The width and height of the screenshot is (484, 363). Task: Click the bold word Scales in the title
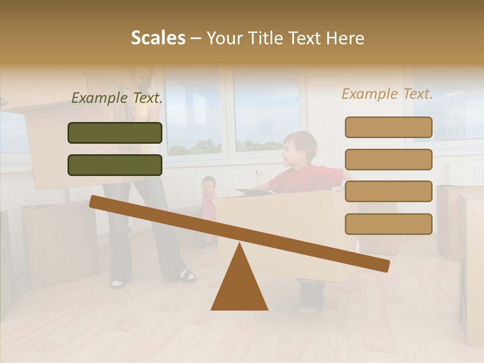coord(158,38)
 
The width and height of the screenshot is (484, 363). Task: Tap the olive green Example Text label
coord(117,98)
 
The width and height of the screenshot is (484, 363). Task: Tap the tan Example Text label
coord(387,94)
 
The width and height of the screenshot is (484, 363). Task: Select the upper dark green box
coord(115,133)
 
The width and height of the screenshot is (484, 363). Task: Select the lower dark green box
coord(115,165)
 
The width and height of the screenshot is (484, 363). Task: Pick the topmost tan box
coord(388,127)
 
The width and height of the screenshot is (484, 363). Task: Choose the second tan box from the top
coord(388,159)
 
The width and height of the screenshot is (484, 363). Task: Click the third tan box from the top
coord(388,192)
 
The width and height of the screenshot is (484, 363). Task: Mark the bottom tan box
coord(388,224)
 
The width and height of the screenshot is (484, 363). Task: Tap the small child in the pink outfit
coord(208,202)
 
